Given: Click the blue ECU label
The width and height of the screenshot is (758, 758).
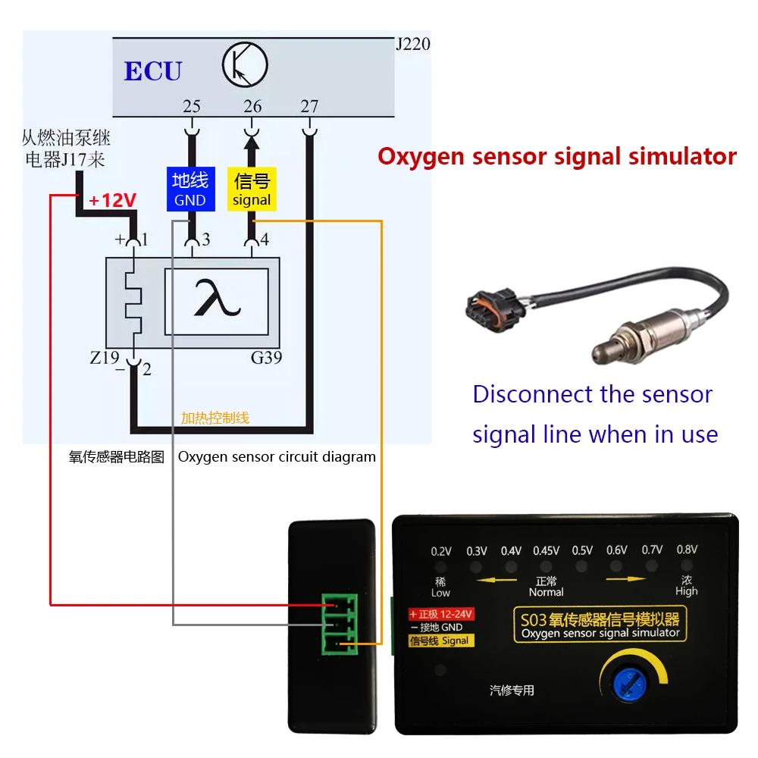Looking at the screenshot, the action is click(x=153, y=70).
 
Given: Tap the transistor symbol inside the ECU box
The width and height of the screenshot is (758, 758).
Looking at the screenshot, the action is click(x=245, y=64).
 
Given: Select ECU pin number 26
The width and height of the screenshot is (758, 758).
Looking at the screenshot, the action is click(x=252, y=106).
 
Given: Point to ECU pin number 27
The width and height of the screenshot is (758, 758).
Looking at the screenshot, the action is click(x=309, y=106).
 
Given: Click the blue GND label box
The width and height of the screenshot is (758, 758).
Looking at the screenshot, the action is click(x=190, y=189).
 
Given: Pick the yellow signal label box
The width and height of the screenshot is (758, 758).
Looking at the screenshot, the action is click(x=252, y=189).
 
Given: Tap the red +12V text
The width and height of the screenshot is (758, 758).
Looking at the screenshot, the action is click(x=113, y=199).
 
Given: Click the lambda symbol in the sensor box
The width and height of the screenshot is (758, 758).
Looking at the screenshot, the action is click(x=217, y=298).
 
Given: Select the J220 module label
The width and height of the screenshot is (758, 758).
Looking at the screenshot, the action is click(x=413, y=44).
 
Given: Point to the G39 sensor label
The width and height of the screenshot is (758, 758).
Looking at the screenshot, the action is click(x=266, y=358).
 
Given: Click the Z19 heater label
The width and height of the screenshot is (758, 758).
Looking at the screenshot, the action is click(x=105, y=357).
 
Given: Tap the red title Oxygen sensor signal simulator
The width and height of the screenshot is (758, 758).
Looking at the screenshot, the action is click(x=557, y=157).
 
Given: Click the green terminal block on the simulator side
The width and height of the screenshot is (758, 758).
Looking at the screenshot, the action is click(x=340, y=624).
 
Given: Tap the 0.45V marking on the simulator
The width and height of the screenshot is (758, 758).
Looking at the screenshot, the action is click(x=546, y=550).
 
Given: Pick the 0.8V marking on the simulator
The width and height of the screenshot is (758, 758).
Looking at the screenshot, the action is click(x=687, y=550).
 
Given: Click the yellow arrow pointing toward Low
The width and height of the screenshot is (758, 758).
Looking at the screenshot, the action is click(x=496, y=580).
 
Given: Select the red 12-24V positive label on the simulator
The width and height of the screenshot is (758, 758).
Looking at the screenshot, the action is click(x=441, y=614).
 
